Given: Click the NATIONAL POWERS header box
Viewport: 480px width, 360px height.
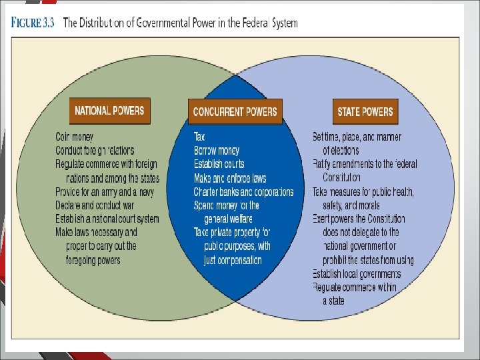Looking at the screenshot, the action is coord(109,111).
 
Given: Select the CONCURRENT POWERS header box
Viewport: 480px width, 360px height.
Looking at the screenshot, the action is coord(235,111).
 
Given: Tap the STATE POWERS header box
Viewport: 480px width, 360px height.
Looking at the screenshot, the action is coord(365,111).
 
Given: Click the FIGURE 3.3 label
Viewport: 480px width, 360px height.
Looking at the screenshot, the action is coord(33,23).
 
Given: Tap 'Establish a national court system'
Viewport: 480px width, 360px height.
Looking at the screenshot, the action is coord(107,219).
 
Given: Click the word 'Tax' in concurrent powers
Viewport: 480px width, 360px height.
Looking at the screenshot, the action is coord(199,137).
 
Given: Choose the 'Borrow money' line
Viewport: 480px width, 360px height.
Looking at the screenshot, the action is coord(217,151).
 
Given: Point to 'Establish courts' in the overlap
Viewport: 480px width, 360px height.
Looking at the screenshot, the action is coord(219,164).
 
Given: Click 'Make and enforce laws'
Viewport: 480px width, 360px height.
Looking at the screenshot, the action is coord(230,178).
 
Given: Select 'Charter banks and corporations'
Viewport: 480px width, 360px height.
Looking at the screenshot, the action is coord(243,192).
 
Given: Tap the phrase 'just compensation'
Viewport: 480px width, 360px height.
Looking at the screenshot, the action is coord(233,260).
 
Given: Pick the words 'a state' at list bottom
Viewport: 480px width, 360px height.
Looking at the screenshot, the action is coord(334,301).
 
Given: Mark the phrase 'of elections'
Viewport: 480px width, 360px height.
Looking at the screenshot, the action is coord(341,151).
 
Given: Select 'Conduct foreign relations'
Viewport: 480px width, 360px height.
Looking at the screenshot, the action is coord(95,151).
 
